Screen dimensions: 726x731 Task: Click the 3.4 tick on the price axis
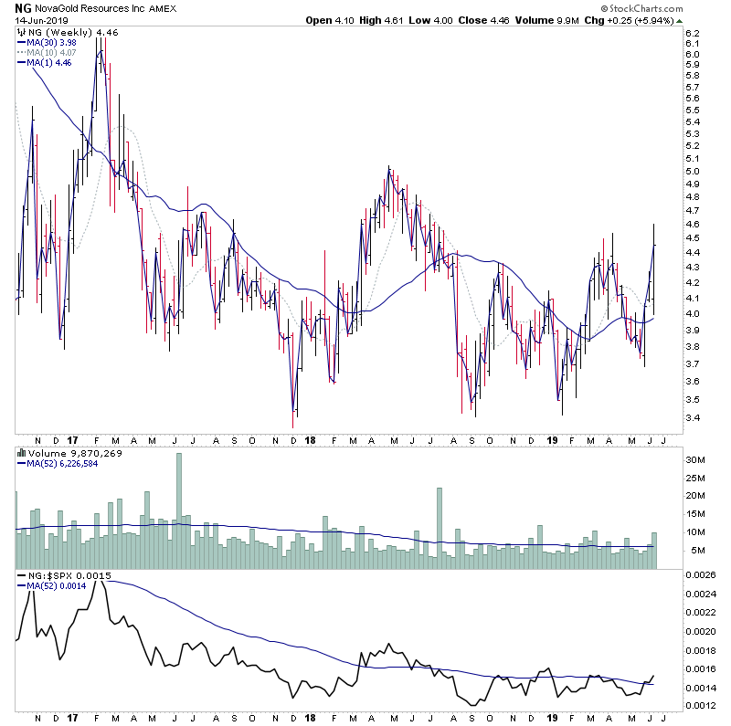click(x=692, y=418)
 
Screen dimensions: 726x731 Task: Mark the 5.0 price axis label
click(x=692, y=172)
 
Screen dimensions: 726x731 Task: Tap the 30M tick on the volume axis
click(x=694, y=459)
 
